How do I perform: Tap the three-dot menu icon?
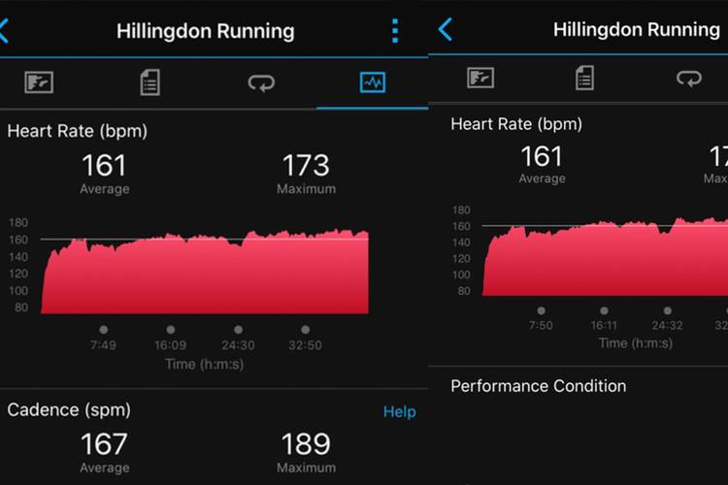click(x=395, y=31)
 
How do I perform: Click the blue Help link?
click(x=399, y=412)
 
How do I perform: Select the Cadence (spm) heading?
click(x=68, y=410)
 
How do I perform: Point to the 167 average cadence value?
click(x=104, y=444)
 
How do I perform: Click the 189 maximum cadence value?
click(x=306, y=444)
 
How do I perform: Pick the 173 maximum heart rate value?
click(x=306, y=165)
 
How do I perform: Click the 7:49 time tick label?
click(x=104, y=345)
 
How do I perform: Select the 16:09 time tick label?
click(x=171, y=345)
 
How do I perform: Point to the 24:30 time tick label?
click(x=238, y=345)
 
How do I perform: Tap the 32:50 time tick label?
click(x=305, y=345)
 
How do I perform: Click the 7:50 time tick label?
click(x=541, y=326)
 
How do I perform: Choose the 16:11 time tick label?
click(x=604, y=326)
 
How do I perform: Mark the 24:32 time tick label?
click(x=667, y=326)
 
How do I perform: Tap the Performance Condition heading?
click(x=538, y=386)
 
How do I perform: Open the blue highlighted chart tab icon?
click(x=372, y=82)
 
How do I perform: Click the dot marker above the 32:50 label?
click(x=305, y=330)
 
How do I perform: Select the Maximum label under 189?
click(x=306, y=469)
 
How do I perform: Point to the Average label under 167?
click(x=104, y=469)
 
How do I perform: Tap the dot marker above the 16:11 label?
click(x=604, y=310)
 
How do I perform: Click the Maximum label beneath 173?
click(x=306, y=189)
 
